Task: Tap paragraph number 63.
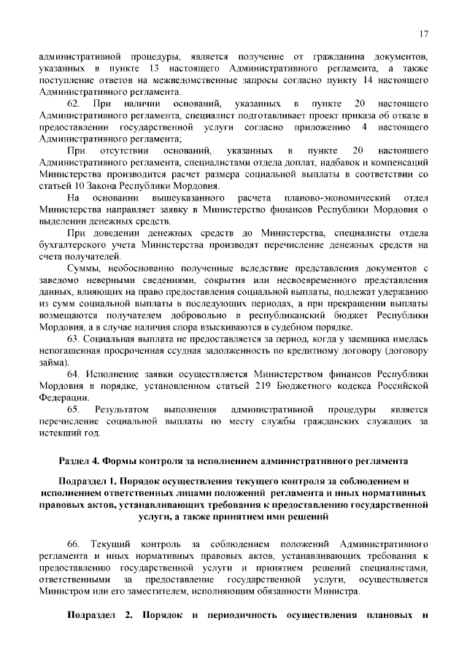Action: [73, 340]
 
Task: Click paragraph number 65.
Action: [73, 409]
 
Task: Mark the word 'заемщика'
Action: [342, 340]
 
